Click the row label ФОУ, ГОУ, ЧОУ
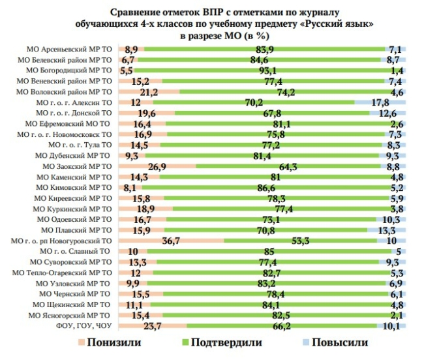85,325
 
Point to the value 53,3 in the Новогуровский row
301,241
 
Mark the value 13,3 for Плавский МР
386,230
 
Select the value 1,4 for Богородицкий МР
395,70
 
